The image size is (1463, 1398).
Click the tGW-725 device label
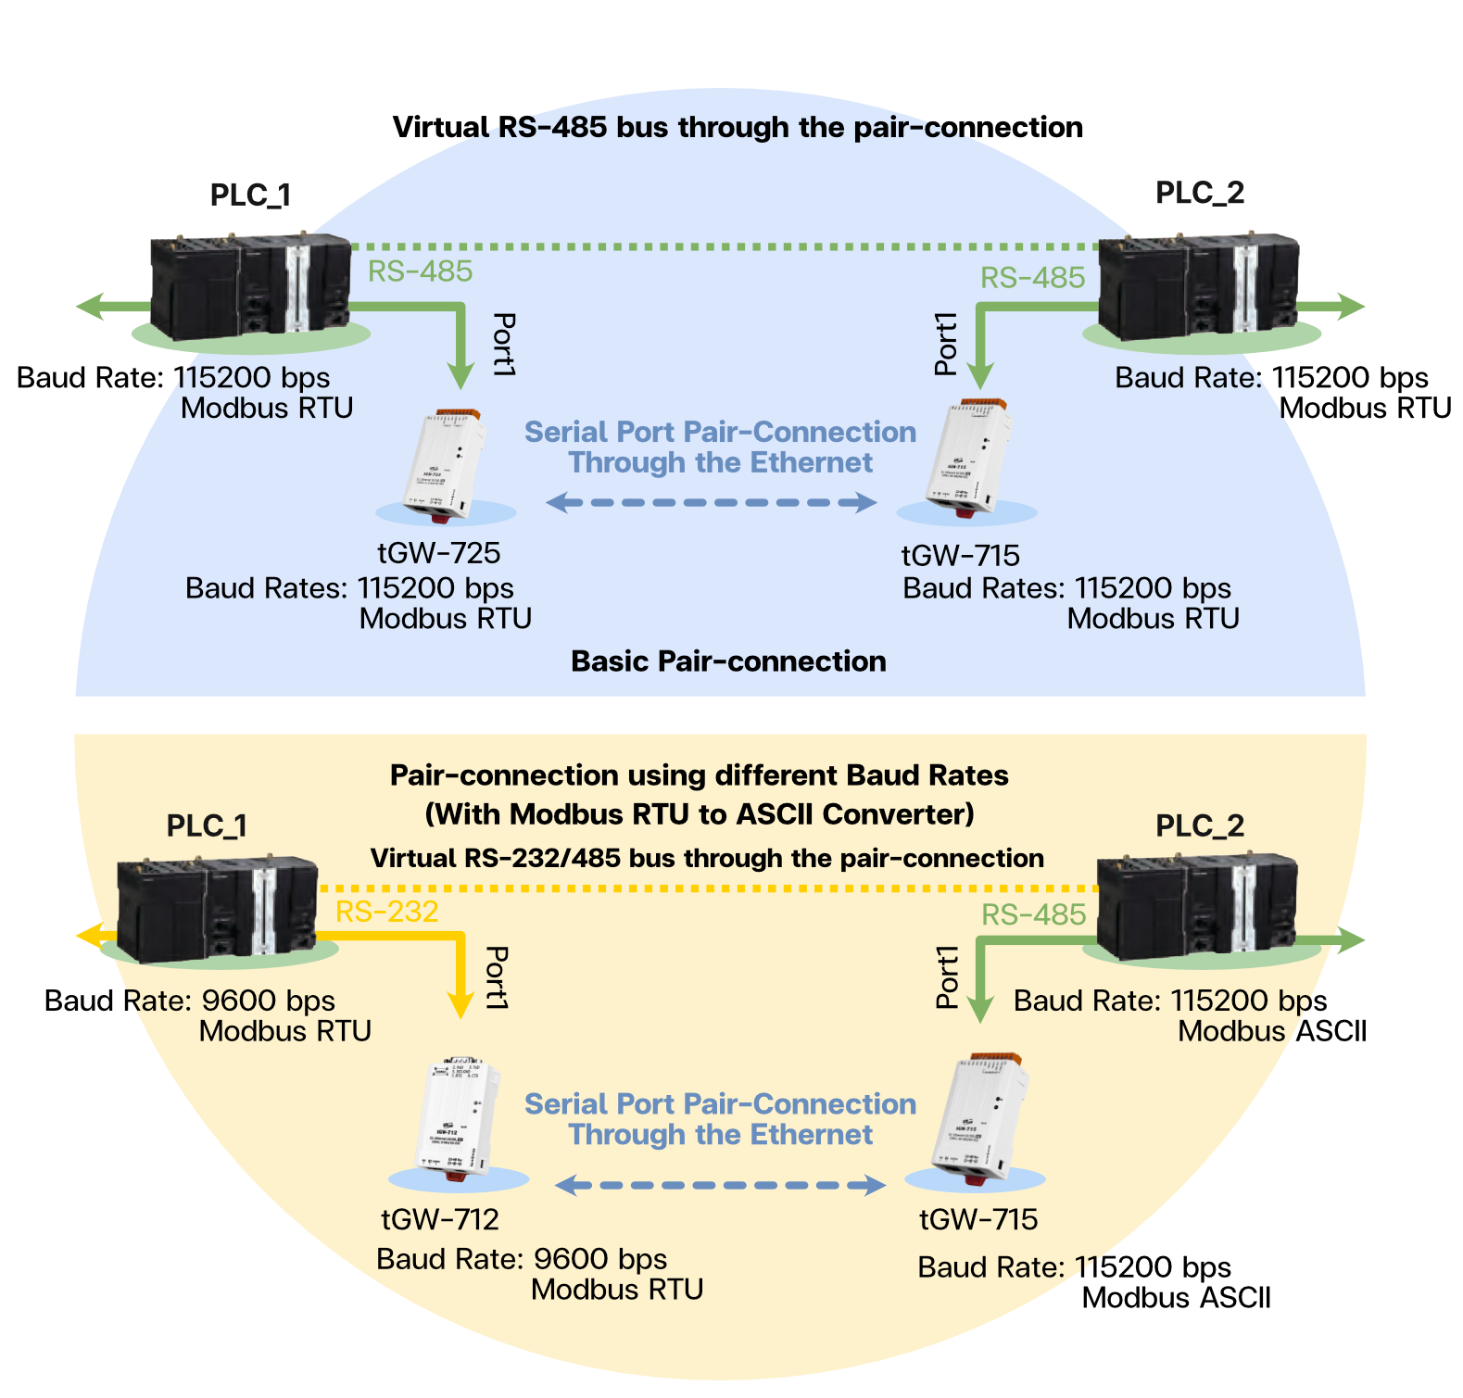click(x=438, y=553)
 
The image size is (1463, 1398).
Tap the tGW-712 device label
click(x=440, y=1219)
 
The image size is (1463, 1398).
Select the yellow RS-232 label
click(x=386, y=912)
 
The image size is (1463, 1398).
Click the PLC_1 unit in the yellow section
click(x=217, y=909)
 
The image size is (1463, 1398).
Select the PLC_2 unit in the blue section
click(x=1199, y=287)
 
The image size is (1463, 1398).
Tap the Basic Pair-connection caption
click(x=728, y=661)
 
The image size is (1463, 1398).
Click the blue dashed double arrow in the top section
click(x=711, y=503)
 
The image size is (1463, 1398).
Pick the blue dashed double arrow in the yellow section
click(x=720, y=1185)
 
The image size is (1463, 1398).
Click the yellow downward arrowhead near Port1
click(x=460, y=1005)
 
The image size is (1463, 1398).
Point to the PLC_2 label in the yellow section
click(x=1200, y=825)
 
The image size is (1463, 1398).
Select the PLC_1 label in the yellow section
click(x=207, y=825)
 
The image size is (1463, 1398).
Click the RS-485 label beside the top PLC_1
click(x=420, y=271)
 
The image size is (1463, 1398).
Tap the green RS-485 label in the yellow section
click(x=1033, y=915)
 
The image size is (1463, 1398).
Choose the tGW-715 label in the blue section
click(x=960, y=556)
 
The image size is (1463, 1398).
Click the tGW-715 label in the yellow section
click(x=977, y=1220)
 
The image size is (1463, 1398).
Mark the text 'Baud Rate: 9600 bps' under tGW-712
click(x=522, y=1259)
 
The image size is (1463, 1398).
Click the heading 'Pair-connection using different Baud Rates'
click(x=699, y=775)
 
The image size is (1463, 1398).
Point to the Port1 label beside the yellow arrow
click(x=498, y=977)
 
